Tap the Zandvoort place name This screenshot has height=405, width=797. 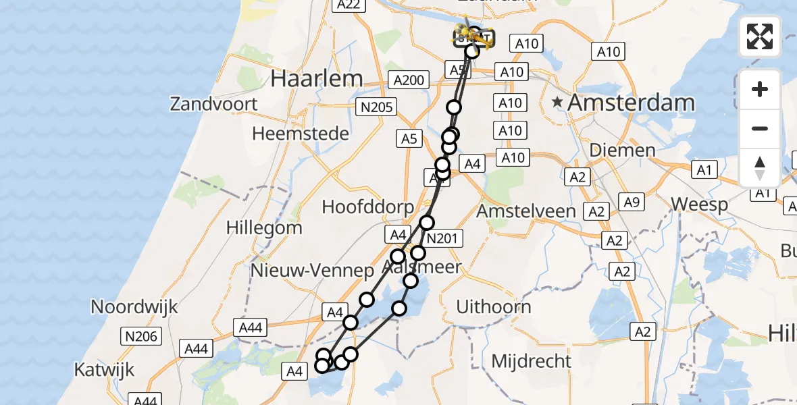[213, 104]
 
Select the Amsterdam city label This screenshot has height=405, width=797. [631, 103]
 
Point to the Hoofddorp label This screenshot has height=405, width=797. [367, 206]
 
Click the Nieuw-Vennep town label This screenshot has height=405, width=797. [312, 271]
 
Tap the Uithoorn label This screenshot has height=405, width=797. [493, 307]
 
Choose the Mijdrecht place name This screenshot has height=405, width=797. [531, 360]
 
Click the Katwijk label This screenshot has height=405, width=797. [104, 370]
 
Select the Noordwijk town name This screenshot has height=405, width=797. [134, 306]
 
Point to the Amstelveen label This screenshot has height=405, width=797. [526, 211]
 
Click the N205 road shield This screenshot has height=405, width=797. [378, 107]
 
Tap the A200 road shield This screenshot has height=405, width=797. [409, 80]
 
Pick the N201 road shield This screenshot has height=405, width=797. [442, 238]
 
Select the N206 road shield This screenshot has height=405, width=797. [140, 336]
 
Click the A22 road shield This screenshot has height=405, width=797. [348, 5]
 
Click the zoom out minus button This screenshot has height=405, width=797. [760, 128]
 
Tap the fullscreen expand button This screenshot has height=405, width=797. [760, 36]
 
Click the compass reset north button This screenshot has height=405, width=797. [760, 167]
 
